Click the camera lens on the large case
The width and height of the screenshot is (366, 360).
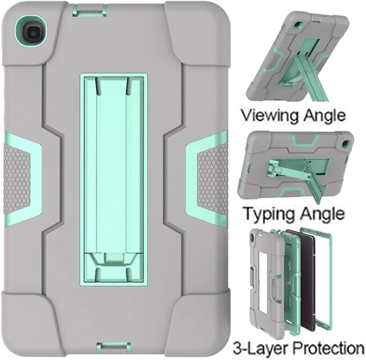(x=31, y=31)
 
